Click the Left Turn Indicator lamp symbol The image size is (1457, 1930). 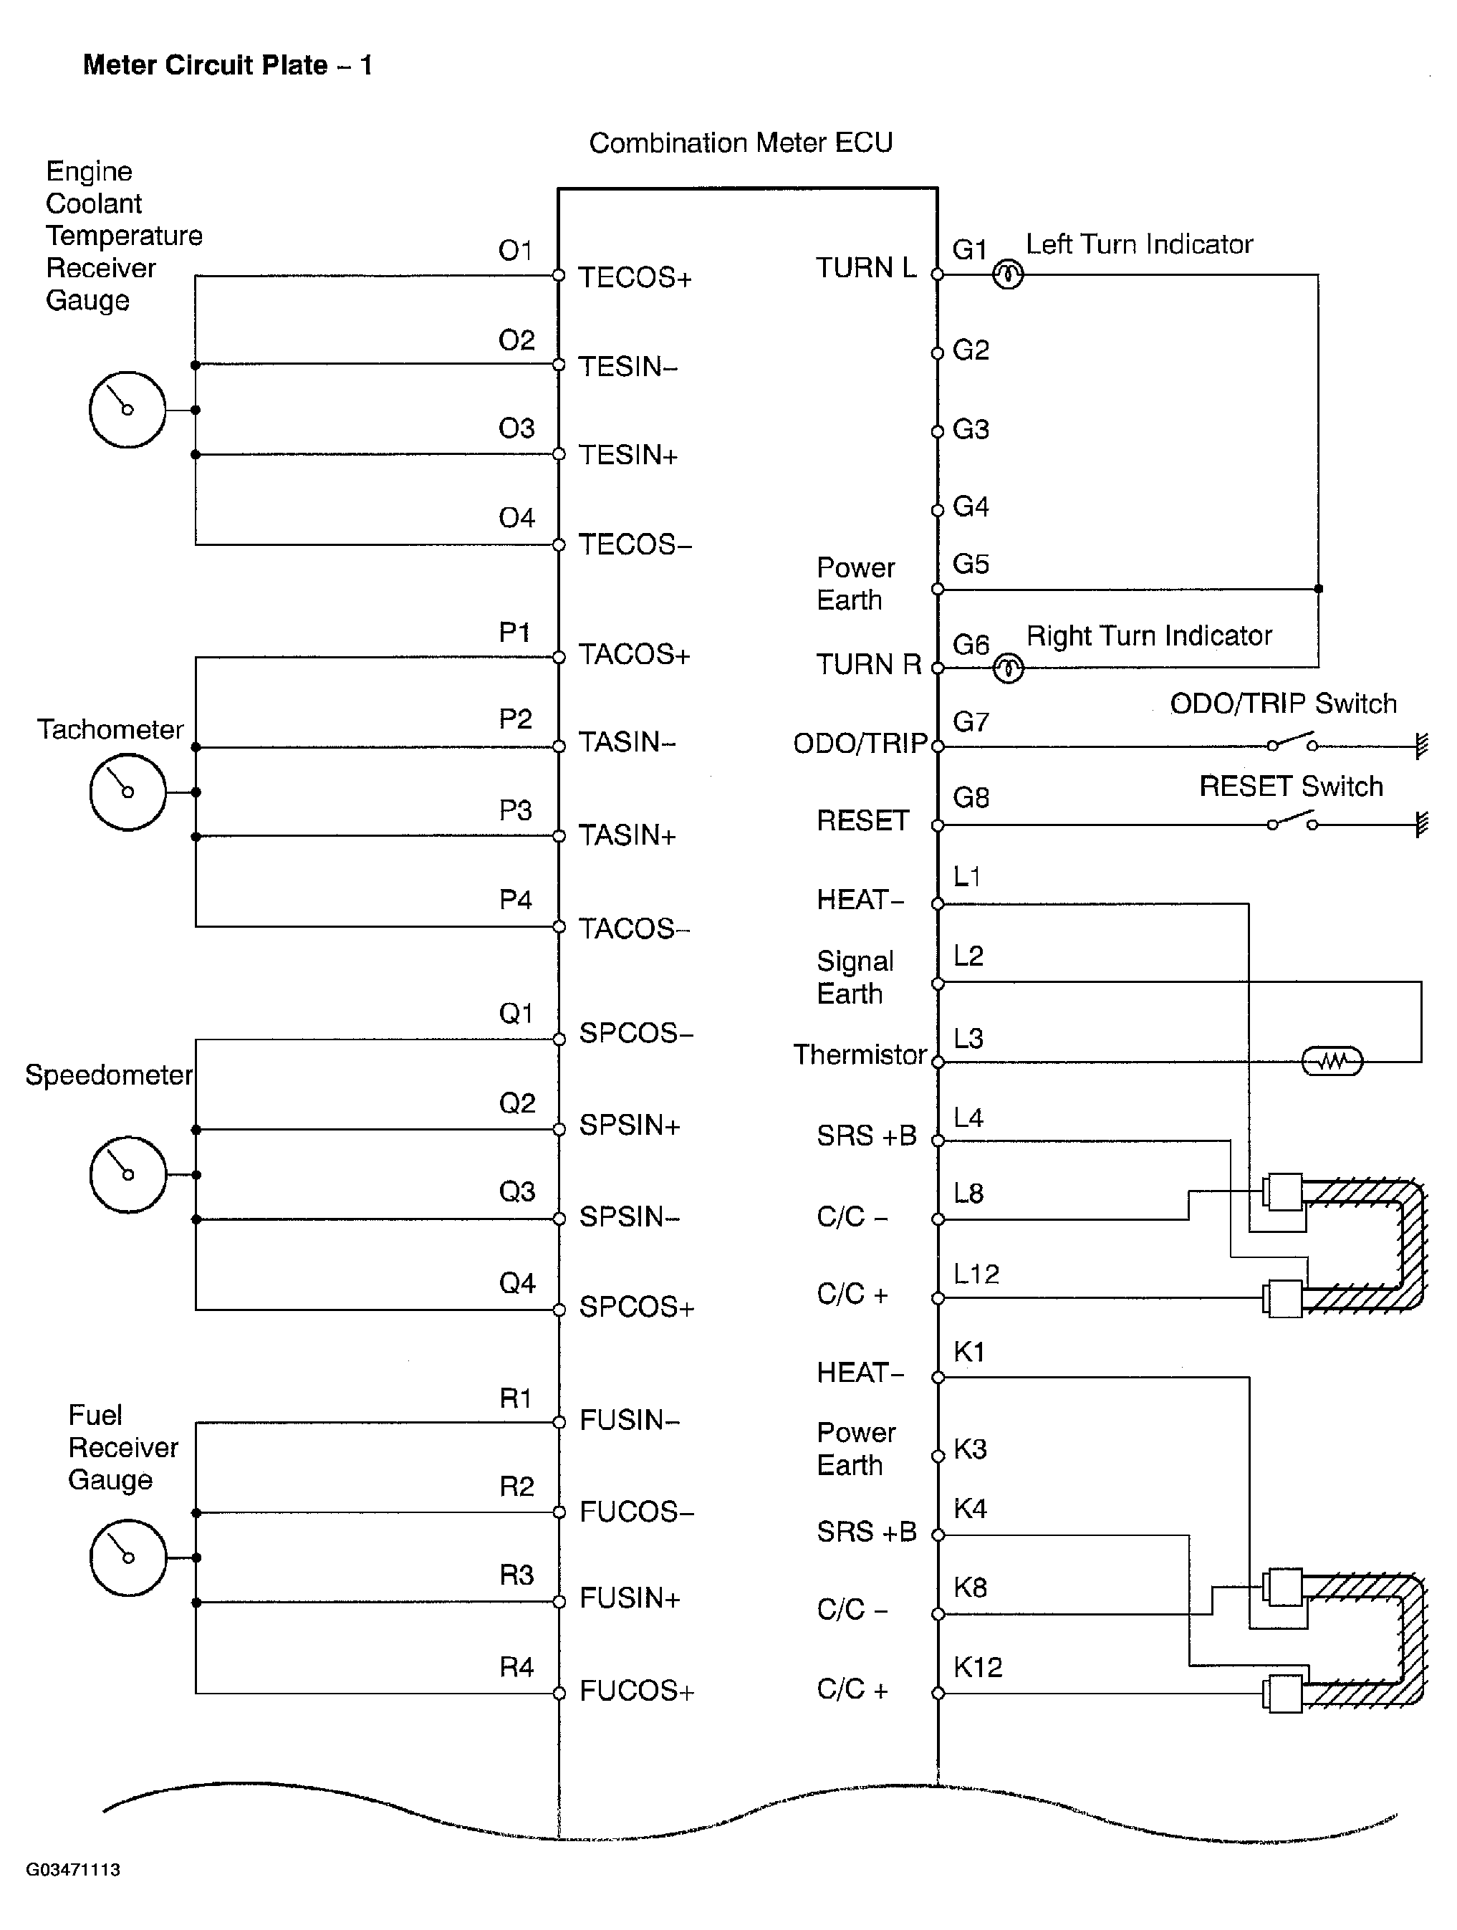[1008, 276]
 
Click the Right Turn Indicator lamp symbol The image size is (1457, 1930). [1009, 669]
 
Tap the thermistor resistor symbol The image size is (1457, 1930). [1332, 1061]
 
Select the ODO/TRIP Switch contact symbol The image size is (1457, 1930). [1292, 744]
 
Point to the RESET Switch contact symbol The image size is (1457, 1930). [1292, 822]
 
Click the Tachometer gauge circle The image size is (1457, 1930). [128, 792]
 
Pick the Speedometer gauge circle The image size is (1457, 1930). [128, 1174]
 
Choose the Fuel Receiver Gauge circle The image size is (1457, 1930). [128, 1557]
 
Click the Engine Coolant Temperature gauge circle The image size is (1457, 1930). [128, 410]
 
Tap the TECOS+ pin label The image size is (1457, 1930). [634, 277]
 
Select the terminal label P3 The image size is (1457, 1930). [516, 810]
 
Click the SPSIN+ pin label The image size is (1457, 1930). [629, 1125]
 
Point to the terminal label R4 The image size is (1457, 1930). [516, 1667]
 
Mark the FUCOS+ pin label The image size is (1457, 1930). [636, 1691]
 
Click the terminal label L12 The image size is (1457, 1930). [976, 1274]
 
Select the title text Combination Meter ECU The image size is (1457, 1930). [741, 143]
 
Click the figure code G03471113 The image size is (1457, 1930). [72, 1869]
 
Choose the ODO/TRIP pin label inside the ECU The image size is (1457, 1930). [860, 744]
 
